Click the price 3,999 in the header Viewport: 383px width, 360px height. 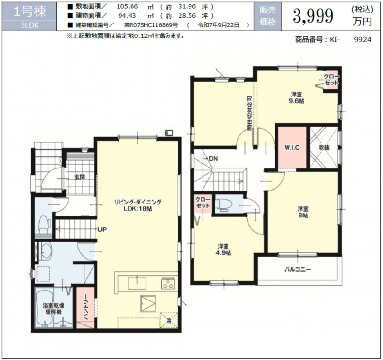(x=313, y=16)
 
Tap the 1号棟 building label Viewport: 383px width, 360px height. (x=30, y=12)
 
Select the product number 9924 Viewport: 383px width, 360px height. (x=363, y=39)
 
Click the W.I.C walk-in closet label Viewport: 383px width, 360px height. (x=292, y=147)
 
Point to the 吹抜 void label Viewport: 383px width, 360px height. (x=324, y=147)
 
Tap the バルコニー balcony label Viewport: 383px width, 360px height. (x=297, y=270)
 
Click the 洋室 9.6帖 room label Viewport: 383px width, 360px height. (x=296, y=97)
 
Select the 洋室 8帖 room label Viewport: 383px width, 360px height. (x=303, y=212)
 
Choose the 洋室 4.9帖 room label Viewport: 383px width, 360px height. (x=224, y=250)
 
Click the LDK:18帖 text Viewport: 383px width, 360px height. (x=138, y=209)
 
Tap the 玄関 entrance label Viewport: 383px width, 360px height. (x=80, y=177)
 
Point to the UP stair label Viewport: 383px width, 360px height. (x=102, y=229)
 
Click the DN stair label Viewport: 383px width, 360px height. (x=213, y=159)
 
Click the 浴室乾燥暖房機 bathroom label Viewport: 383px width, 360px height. (x=53, y=309)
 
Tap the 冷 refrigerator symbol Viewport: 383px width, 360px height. (x=169, y=321)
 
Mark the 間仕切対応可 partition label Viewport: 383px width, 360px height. (x=250, y=113)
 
